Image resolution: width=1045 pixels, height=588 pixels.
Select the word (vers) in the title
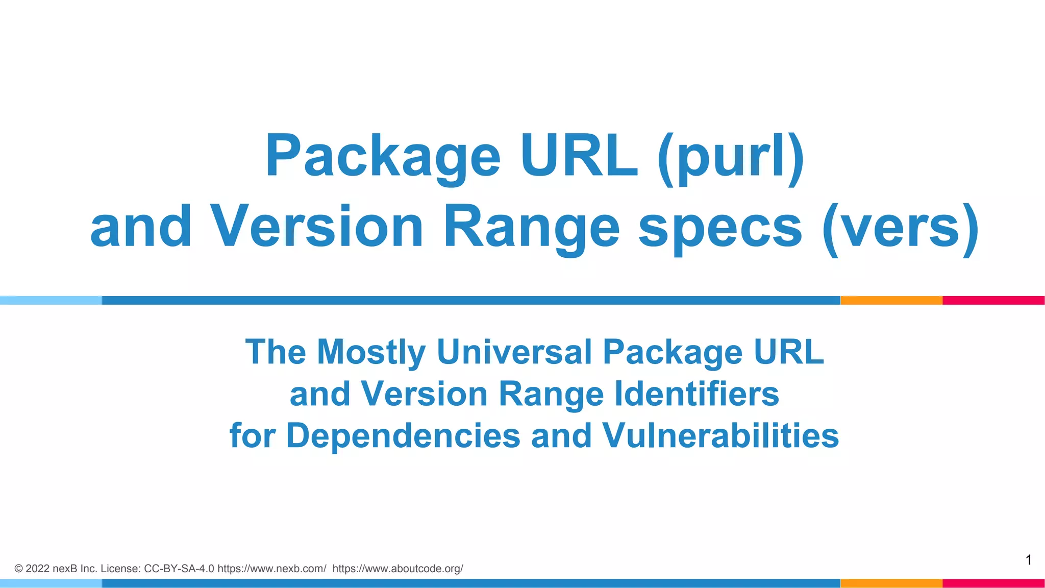pyautogui.click(x=901, y=227)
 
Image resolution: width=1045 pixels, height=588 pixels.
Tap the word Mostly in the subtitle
pyautogui.click(x=371, y=352)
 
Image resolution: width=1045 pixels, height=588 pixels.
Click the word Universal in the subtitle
pyautogui.click(x=514, y=352)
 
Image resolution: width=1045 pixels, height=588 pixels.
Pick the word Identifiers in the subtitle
pyautogui.click(x=697, y=394)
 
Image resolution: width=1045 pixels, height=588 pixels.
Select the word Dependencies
pyautogui.click(x=403, y=436)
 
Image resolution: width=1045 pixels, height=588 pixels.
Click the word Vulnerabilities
pyautogui.click(x=720, y=436)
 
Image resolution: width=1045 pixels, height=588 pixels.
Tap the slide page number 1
pyautogui.click(x=1029, y=560)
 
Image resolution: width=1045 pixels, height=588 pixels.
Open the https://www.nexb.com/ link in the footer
pyautogui.click(x=271, y=569)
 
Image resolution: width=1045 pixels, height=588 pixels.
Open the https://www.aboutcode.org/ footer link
pyautogui.click(x=397, y=569)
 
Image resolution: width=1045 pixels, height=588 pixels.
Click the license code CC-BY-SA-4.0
pyautogui.click(x=179, y=569)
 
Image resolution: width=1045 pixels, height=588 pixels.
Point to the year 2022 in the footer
pyautogui.click(x=37, y=569)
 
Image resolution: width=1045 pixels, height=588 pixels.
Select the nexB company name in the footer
pyautogui.click(x=65, y=569)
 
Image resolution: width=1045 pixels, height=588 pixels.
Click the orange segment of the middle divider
pyautogui.click(x=891, y=300)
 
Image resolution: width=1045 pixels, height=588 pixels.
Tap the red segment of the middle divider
pyautogui.click(x=993, y=300)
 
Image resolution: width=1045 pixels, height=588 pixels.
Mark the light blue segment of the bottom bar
pyautogui.click(x=51, y=583)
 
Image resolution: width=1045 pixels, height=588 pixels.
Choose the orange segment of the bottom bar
pyautogui.click(x=891, y=583)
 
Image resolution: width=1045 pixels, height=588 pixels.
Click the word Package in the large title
pyautogui.click(x=383, y=156)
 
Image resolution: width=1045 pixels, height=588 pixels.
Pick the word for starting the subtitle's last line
pyautogui.click(x=253, y=436)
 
